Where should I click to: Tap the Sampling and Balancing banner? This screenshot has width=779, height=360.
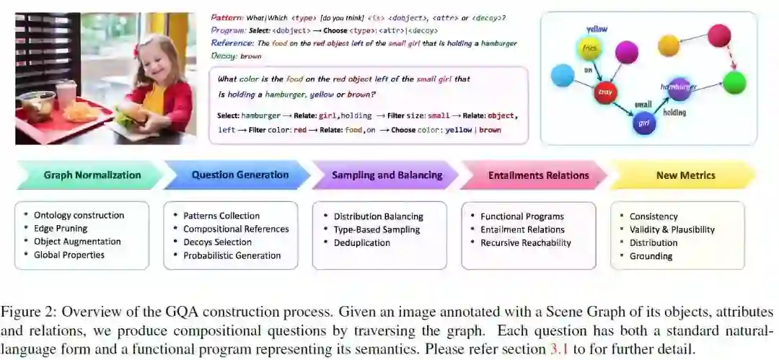[387, 175]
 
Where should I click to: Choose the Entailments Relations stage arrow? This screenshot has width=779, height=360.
[538, 175]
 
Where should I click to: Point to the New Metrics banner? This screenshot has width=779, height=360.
[685, 175]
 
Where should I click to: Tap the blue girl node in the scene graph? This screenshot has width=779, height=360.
[643, 124]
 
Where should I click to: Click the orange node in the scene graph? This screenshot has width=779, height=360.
[669, 45]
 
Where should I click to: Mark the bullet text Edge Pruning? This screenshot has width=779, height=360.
[62, 229]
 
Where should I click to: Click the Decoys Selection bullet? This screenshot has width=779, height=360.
[217, 242]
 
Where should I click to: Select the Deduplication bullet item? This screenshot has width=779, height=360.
[361, 242]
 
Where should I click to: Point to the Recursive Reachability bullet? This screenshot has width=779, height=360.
[525, 242]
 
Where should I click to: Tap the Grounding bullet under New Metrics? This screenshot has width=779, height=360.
[651, 255]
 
